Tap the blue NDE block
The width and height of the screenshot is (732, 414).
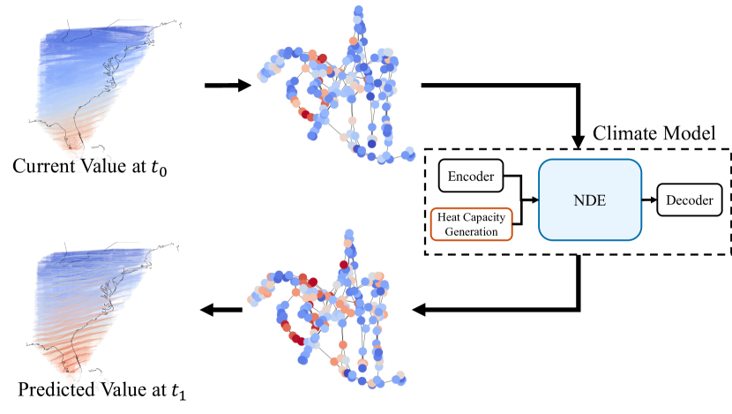point(589,199)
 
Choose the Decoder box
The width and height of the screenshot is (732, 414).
point(690,199)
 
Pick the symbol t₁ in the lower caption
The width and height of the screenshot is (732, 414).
point(179,391)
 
